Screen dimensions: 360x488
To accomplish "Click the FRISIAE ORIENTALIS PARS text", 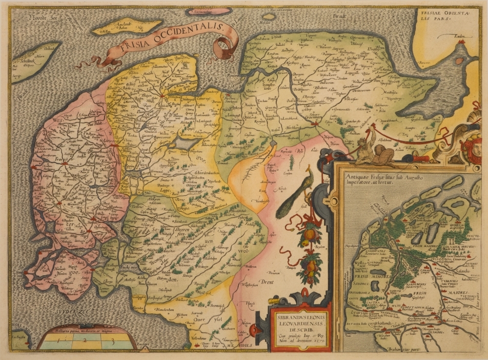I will pos(437,18).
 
